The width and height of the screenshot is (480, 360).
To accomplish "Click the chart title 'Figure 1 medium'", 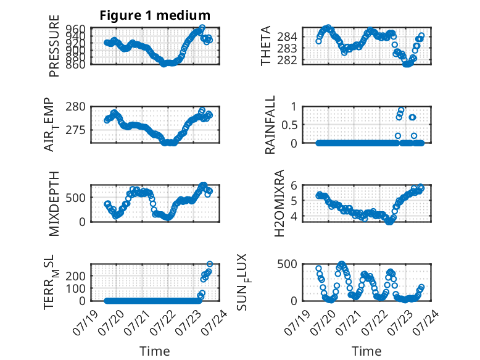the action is point(155,15).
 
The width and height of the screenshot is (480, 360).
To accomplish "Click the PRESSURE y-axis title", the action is point(54,46).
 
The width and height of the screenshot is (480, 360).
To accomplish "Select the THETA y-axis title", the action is point(266,46).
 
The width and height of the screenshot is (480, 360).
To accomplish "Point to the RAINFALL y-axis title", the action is point(270,125).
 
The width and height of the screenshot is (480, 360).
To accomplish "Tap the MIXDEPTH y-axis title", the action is point(54,203).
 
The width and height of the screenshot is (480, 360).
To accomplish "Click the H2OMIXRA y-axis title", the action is point(279,203).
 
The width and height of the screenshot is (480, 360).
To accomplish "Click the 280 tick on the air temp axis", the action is point(75,107).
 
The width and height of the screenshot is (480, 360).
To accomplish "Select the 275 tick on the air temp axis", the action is point(75,130).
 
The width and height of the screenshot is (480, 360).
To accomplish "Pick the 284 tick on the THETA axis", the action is point(287,37).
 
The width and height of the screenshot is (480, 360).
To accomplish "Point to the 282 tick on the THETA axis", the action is point(287,60).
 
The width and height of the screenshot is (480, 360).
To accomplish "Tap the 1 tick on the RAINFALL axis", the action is point(294,107).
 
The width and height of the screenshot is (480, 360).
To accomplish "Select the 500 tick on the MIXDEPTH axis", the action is point(75,198).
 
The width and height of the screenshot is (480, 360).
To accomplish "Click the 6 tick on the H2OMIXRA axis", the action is point(294,185).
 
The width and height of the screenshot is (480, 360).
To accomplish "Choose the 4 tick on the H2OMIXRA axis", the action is point(294,216).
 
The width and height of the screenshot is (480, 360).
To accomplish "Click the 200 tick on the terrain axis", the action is point(75,276).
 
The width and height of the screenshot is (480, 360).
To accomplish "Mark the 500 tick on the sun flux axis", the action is point(287,264).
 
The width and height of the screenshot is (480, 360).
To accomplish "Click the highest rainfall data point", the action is point(401,110).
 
